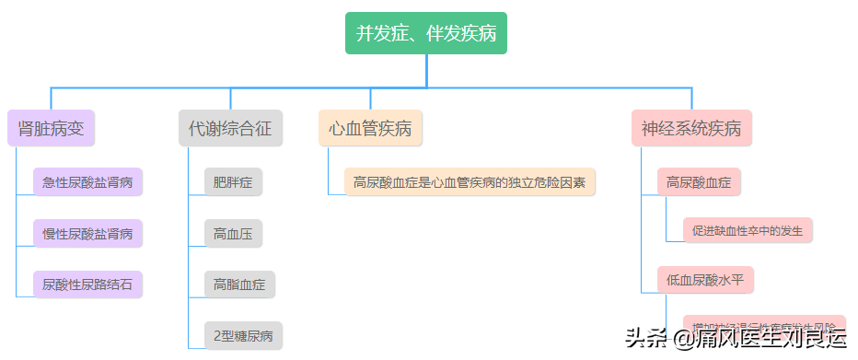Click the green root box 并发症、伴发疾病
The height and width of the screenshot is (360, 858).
[x=426, y=34]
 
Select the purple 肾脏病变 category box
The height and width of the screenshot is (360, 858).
[x=52, y=128]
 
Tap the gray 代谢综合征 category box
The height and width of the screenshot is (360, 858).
[x=230, y=128]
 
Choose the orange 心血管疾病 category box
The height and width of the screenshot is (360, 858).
[x=370, y=128]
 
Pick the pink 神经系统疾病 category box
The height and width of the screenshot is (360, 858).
[x=691, y=128]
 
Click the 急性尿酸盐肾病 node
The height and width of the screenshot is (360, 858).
[x=87, y=182]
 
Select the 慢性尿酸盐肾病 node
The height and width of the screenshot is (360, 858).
[x=87, y=234]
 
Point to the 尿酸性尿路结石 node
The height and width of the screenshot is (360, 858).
[x=87, y=285]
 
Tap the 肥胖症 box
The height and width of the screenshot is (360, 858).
[x=233, y=182]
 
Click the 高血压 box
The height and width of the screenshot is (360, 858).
[x=233, y=234]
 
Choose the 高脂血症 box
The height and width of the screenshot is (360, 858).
[x=239, y=285]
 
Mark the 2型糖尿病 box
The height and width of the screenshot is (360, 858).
[x=243, y=336]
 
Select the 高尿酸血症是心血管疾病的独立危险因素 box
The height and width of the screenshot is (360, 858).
[x=470, y=182]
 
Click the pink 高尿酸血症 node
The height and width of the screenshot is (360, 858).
[x=699, y=182]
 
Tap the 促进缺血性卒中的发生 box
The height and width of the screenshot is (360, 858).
[x=748, y=230]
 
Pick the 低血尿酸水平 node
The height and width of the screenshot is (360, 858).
[x=705, y=279]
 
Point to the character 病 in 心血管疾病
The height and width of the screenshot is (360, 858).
[x=403, y=128]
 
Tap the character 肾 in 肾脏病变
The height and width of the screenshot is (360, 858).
[x=27, y=128]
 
